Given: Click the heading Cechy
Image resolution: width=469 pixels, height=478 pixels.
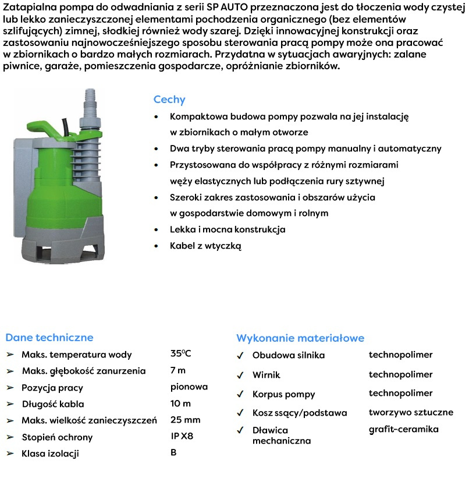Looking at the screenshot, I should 169,100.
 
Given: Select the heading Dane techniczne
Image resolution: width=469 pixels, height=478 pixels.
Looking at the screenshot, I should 49,338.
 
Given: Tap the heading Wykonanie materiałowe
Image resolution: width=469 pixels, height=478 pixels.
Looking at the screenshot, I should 300,338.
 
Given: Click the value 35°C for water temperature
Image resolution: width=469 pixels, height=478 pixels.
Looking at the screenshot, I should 181,354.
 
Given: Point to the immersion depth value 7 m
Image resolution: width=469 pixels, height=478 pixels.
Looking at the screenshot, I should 178,370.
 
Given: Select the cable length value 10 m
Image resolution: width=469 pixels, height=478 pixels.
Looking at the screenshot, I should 180,403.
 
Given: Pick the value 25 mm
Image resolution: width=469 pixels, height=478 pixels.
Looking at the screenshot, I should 185,420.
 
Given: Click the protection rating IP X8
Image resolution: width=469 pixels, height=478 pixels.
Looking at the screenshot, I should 183,436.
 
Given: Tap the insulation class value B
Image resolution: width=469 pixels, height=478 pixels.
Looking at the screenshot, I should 173,452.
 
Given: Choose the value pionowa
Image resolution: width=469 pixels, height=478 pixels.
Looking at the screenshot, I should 189,387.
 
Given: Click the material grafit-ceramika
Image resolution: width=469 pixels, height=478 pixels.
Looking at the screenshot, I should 404,430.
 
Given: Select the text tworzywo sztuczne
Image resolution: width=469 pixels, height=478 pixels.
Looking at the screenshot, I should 411,412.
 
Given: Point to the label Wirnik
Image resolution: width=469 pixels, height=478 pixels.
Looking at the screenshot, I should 267,375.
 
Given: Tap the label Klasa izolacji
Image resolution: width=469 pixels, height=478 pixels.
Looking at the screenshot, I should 50,454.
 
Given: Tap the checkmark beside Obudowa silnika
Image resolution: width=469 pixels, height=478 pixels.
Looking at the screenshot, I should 240,355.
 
